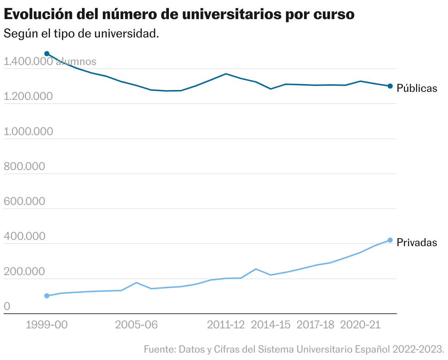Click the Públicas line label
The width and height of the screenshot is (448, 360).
(417, 89)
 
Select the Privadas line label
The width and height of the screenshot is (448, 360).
(417, 243)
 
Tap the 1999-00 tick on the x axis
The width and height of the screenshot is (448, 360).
(47, 325)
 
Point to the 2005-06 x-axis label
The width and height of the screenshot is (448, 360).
(137, 325)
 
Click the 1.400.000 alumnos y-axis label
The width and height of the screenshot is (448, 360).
(50, 62)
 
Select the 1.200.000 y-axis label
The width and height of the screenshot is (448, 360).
(28, 97)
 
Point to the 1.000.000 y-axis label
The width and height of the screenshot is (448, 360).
(28, 132)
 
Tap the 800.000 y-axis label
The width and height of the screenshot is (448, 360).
(24, 166)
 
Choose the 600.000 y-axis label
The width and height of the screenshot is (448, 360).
(24, 201)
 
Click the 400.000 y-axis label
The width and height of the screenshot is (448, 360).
(24, 236)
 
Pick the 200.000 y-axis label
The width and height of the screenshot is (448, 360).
(24, 271)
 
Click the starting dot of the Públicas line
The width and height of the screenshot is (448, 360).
(47, 54)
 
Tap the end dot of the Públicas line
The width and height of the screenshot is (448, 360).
(390, 86)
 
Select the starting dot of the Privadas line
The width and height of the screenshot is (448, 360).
(47, 296)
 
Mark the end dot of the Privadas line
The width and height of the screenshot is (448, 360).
(390, 240)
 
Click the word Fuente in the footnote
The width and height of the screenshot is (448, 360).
(156, 349)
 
